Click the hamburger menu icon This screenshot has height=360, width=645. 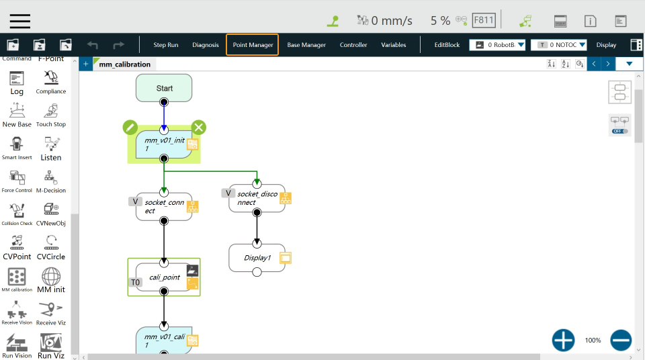coord(20,21)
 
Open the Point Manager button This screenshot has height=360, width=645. coord(253,45)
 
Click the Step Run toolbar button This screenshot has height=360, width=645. coord(166,45)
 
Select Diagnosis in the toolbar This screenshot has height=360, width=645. coord(206,45)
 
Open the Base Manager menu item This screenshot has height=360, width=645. coord(306,45)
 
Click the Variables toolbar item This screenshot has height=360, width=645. coord(394,45)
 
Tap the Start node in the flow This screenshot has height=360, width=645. coord(164,87)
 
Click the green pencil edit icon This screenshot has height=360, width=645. coord(130,128)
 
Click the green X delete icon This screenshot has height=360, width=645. coord(199,128)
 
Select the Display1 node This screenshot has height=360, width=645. coord(257,258)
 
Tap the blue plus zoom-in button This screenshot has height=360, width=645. coord(563,341)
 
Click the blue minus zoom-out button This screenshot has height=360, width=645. coord(621,341)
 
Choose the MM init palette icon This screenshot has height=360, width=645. coord(51,281)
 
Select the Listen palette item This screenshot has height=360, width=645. coord(51,149)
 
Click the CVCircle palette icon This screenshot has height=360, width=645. coord(51,248)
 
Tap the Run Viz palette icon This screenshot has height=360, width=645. coord(51,346)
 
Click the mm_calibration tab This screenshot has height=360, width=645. coord(124,64)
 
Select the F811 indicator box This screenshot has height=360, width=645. coord(484,20)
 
